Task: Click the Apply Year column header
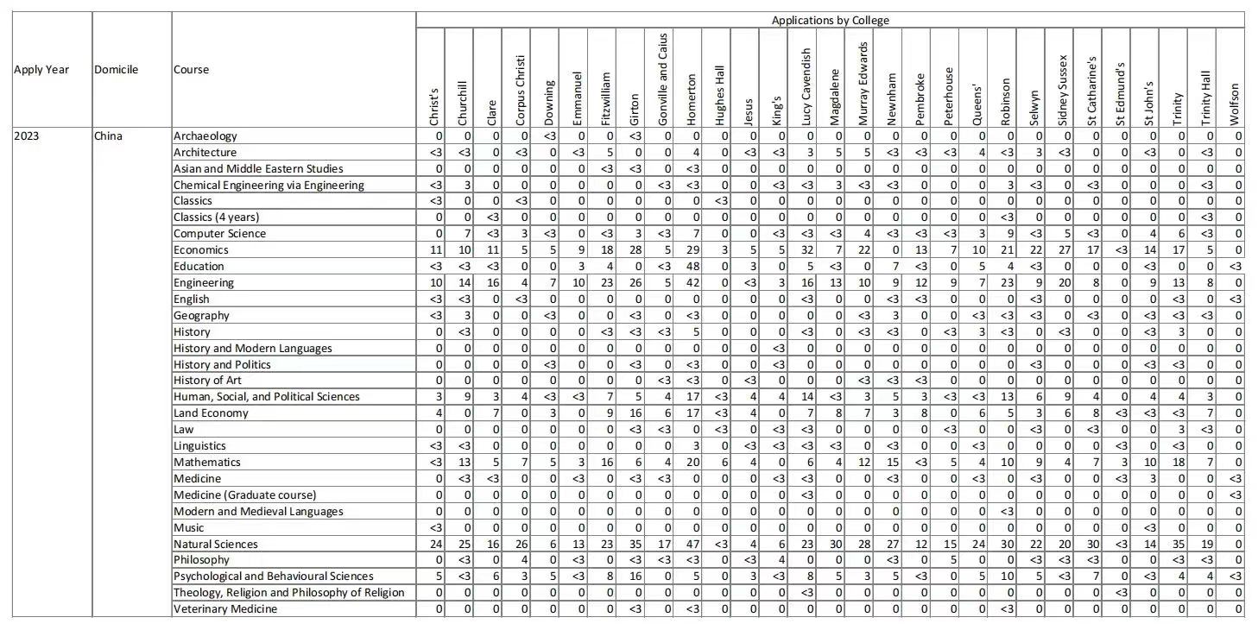[x=41, y=70]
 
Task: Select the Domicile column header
[x=116, y=70]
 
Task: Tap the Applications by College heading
[x=830, y=20]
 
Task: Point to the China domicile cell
[x=108, y=135]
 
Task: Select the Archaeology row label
[x=205, y=135]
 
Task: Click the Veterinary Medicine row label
[x=225, y=608]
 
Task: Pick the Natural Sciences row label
[x=215, y=544]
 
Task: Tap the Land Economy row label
[x=211, y=413]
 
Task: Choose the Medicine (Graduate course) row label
[x=244, y=495]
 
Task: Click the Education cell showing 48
[x=692, y=266]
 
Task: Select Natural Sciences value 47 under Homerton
[x=692, y=544]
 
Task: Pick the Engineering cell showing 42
[x=692, y=282]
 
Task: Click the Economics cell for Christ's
[x=435, y=249]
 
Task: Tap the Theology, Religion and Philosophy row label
[x=288, y=592]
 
